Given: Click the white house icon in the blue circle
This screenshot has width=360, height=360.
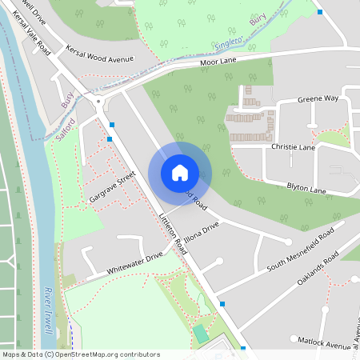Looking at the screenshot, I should coord(180,172).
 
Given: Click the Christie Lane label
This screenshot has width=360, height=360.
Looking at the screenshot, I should coord(294,147).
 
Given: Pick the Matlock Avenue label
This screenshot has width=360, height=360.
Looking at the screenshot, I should coord(324,344).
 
